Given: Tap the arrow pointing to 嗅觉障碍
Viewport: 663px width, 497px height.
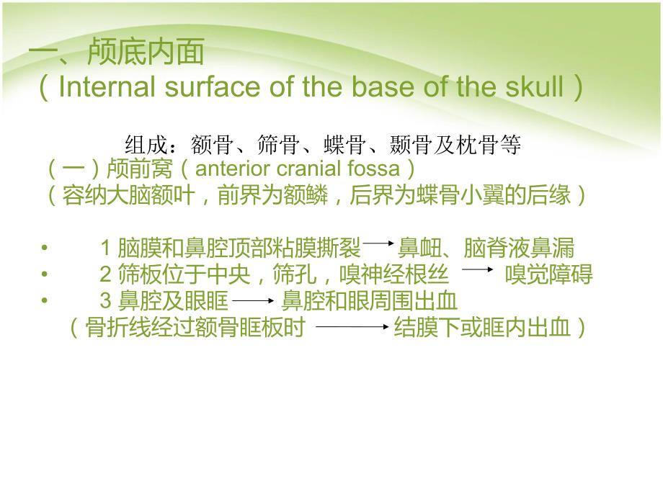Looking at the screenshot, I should tap(476, 272).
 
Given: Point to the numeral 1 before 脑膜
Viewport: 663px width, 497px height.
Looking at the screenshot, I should tap(104, 248).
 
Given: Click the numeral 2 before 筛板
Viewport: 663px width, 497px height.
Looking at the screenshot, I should tap(104, 274).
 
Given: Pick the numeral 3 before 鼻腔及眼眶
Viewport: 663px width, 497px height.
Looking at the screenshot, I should tap(104, 300).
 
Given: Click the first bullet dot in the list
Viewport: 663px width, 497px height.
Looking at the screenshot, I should tap(45, 248).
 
